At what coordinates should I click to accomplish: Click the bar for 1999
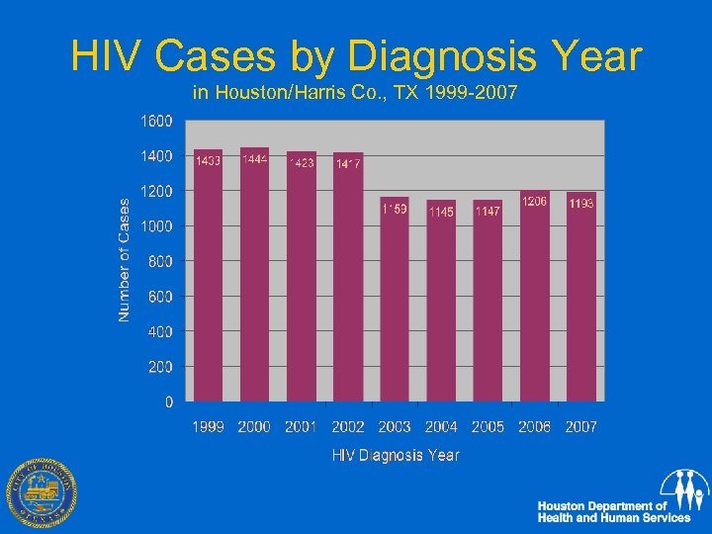209,277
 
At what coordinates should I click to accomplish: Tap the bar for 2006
534,297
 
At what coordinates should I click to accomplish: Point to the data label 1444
255,160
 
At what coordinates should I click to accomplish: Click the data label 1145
441,212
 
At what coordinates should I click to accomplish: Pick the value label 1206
534,201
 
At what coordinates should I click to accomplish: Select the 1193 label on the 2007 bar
581,204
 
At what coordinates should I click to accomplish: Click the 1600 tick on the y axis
153,121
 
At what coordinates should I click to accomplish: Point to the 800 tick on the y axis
157,261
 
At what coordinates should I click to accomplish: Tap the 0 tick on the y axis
168,401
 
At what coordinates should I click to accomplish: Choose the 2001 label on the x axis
301,427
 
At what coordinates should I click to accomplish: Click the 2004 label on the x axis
441,427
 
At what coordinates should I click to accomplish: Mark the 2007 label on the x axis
580,427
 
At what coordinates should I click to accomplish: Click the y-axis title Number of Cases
125,259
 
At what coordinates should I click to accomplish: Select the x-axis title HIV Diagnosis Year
395,456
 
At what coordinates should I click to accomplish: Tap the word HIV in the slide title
105,57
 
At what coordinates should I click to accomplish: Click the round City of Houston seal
42,494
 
